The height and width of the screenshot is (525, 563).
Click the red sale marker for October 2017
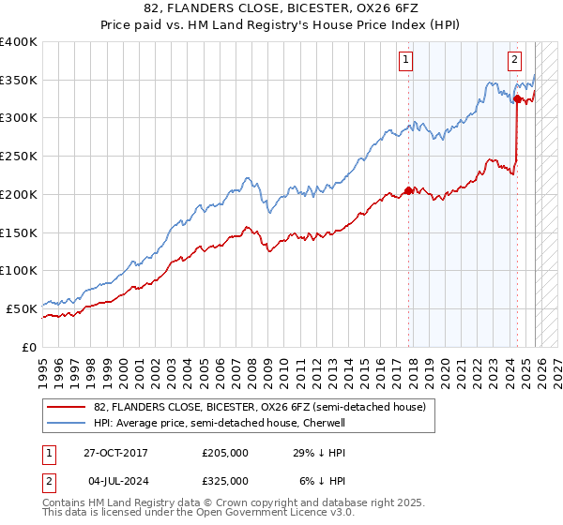(408, 190)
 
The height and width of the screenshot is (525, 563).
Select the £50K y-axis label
(22, 308)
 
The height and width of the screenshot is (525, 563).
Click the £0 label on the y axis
(29, 347)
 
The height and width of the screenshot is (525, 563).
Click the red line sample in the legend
(66, 408)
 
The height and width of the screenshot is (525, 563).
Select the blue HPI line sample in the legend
(66, 424)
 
